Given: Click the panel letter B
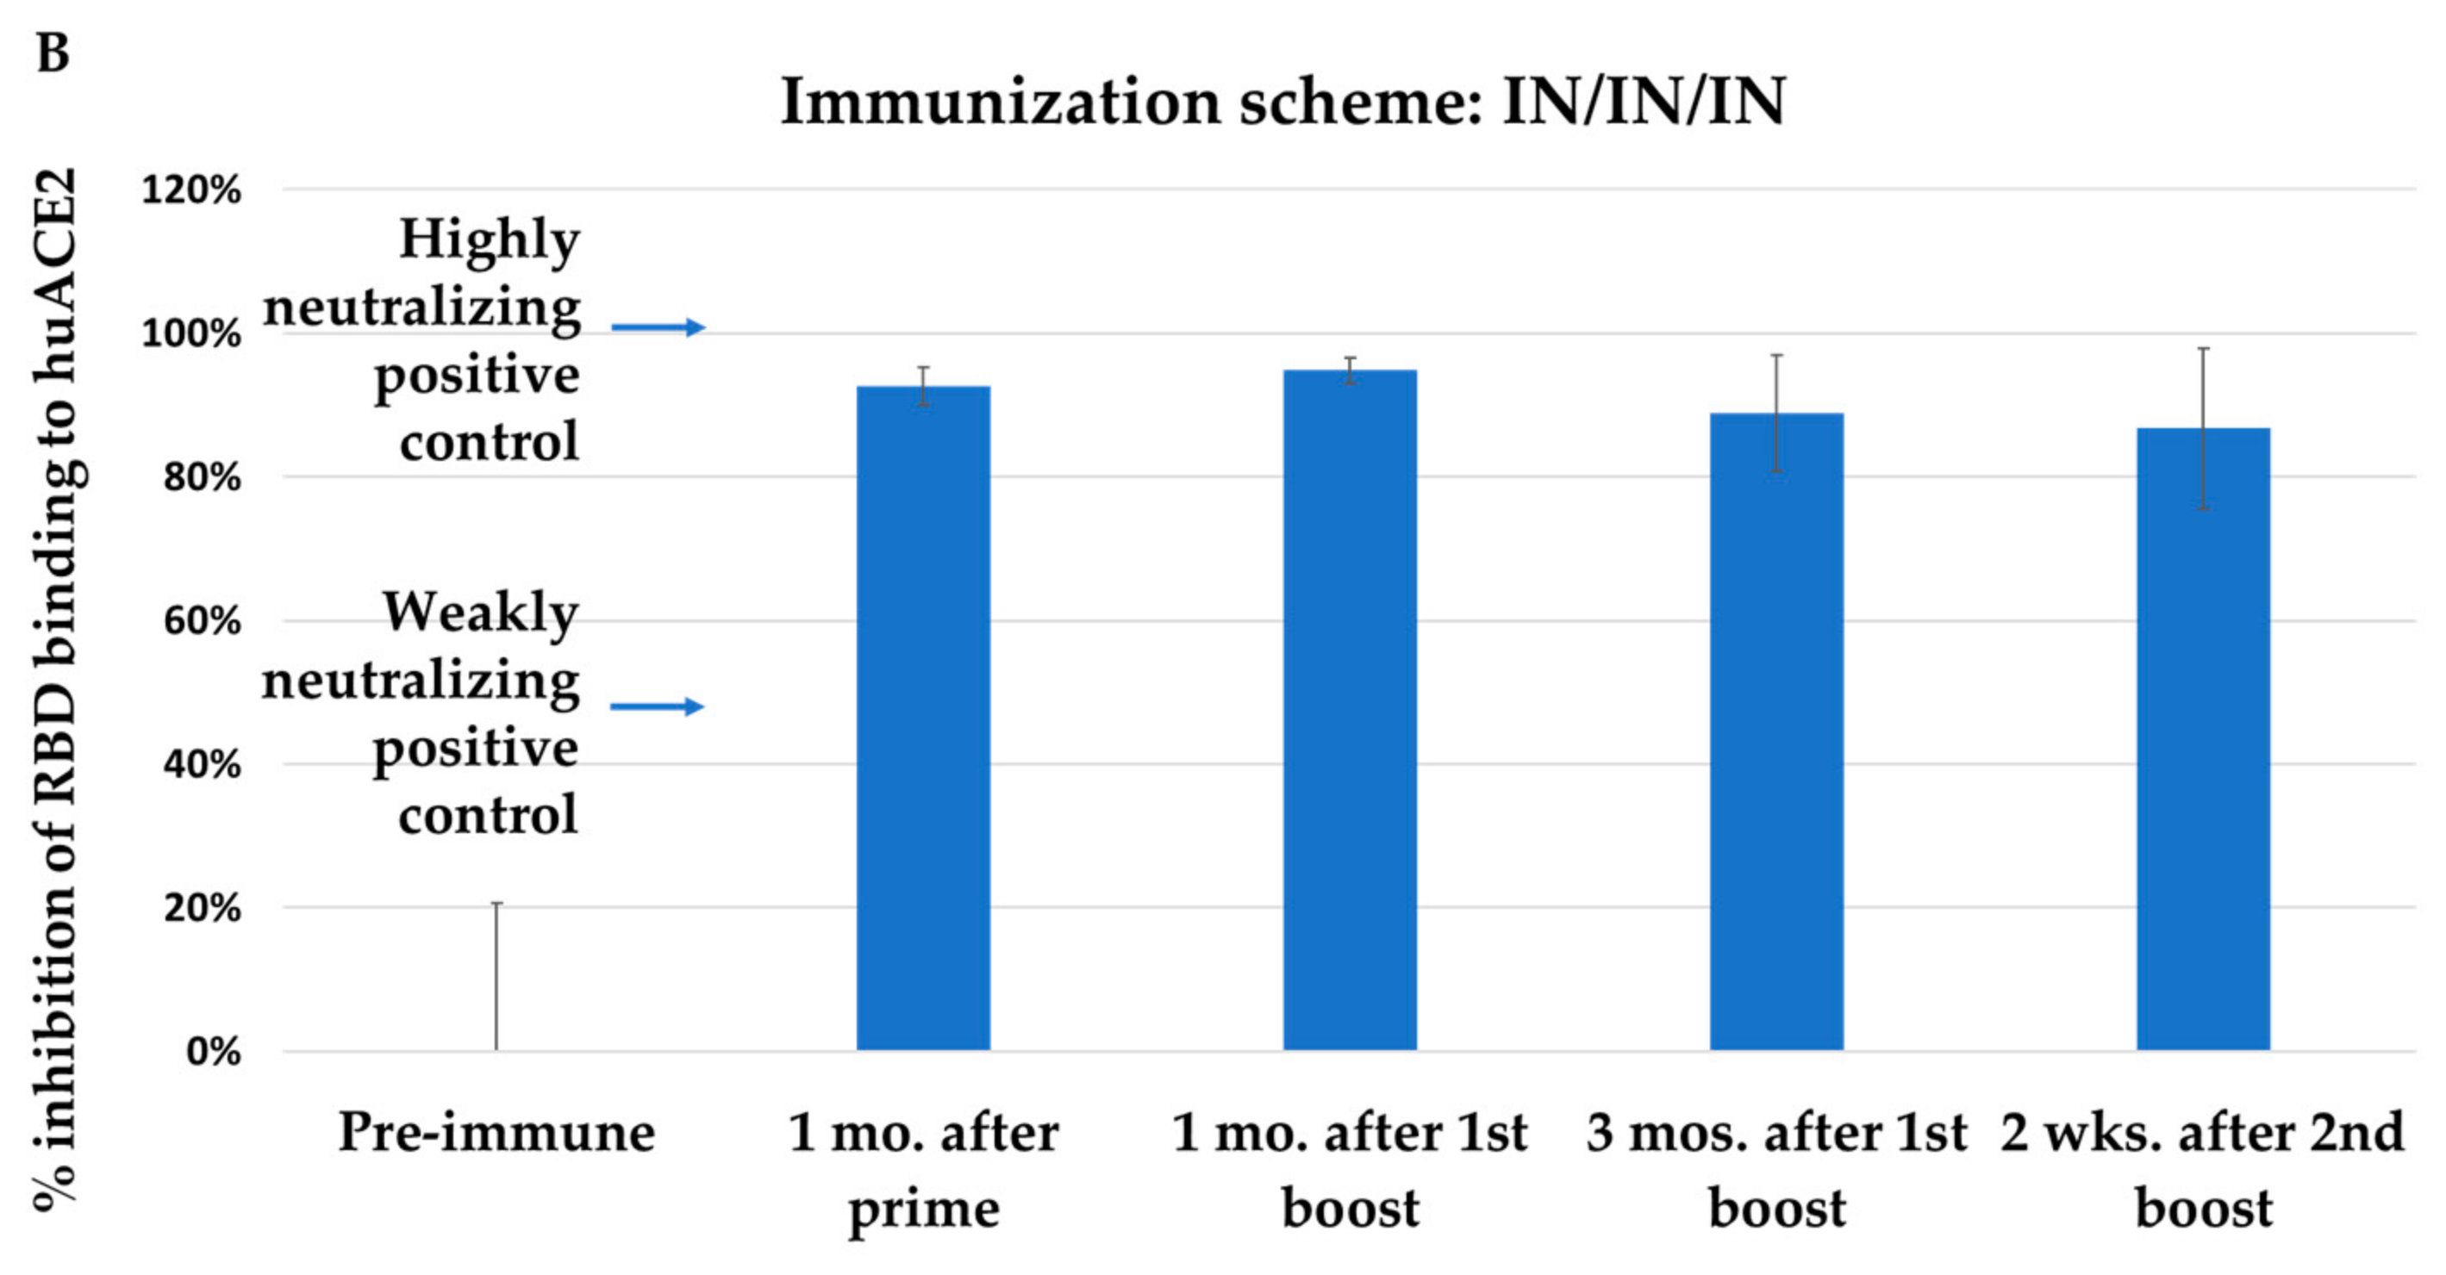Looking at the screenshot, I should click(53, 53).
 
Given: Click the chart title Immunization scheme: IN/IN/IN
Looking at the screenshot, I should click(1282, 102).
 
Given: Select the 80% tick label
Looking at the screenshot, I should click(202, 476).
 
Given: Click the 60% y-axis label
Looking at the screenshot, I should click(202, 621).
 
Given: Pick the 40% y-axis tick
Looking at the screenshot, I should click(202, 764).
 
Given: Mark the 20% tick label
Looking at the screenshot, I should click(202, 909).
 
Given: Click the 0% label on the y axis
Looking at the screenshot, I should click(213, 1052).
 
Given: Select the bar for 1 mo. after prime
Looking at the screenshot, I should click(923, 722).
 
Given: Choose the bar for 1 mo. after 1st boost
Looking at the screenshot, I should click(1350, 712).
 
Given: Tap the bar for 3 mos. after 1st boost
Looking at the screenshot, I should click(1775, 731).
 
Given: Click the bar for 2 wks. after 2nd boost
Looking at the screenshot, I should click(2203, 741).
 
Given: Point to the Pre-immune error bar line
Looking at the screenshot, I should click(496, 978).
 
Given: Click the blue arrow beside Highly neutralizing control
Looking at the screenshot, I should click(657, 327).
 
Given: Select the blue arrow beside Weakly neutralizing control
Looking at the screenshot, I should click(656, 706).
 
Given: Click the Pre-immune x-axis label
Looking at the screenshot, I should click(496, 1132).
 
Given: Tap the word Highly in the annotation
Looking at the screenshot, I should click(489, 239).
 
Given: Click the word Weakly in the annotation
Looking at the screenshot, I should click(480, 613).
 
